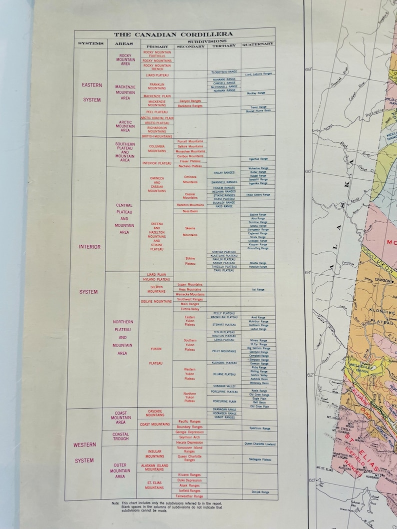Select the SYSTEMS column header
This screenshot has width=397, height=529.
tap(90, 44)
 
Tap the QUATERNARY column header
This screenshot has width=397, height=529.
tap(258, 44)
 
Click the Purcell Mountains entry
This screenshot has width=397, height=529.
tap(190, 141)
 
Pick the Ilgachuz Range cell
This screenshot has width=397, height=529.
tap(258, 159)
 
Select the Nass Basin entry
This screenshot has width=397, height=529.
tap(190, 211)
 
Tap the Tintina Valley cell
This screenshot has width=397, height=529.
tap(190, 309)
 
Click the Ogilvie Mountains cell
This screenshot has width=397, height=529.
tap(156, 302)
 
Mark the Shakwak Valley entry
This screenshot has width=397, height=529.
tap(223, 386)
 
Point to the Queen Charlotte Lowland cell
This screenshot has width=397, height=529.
tap(259, 443)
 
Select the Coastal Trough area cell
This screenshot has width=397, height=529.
tap(120, 437)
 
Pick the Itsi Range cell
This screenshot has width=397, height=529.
tap(258, 289)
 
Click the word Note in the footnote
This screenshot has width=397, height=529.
tap(115, 503)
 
